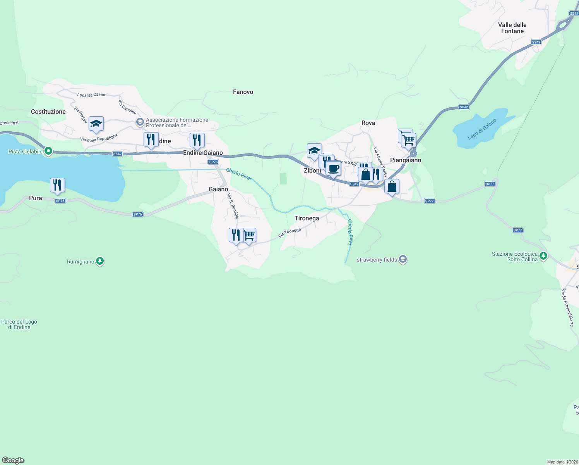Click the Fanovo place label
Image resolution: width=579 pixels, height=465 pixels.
[243, 92]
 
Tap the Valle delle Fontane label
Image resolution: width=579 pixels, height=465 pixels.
[512, 28]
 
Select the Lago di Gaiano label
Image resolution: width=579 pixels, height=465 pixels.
[481, 129]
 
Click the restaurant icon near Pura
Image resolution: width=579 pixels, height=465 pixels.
[57, 185]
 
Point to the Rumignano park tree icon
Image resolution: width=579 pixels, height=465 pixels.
[100, 262]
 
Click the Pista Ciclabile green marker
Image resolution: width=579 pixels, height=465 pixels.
[48, 151]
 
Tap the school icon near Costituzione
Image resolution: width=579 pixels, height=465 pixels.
[96, 124]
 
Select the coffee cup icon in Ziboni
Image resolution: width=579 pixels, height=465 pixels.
[333, 169]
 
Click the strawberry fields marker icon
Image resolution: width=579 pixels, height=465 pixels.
[403, 259]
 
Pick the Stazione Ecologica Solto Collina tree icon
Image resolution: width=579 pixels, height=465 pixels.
[543, 256]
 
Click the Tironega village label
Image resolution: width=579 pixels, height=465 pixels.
[307, 218]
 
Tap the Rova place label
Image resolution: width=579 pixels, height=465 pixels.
[368, 123]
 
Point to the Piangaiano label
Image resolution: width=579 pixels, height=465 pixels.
[406, 160]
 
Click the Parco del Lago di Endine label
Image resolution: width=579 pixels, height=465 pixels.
[19, 324]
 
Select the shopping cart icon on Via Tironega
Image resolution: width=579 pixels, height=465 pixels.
[250, 235]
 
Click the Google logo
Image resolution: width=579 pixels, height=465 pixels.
[13, 460]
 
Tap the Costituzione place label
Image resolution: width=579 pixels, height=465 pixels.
[48, 112]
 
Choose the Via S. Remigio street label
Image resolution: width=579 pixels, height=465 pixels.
[233, 206]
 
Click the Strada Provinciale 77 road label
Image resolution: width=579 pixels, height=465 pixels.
[567, 307]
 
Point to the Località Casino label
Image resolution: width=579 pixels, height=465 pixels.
[92, 95]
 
